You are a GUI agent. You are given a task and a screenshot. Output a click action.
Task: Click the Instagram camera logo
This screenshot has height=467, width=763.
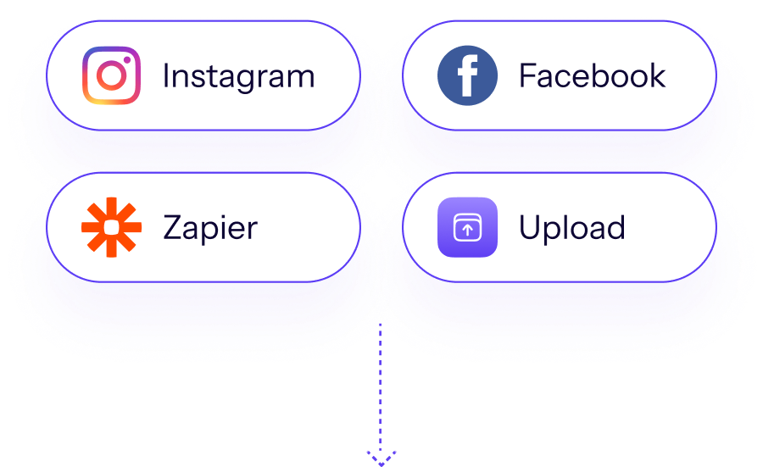click(x=111, y=75)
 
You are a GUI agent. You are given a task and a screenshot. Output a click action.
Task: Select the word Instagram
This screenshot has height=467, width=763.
click(x=238, y=76)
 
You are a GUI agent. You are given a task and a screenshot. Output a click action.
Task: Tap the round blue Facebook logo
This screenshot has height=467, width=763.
click(x=467, y=75)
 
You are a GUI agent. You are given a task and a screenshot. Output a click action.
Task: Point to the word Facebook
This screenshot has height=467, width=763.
click(x=592, y=75)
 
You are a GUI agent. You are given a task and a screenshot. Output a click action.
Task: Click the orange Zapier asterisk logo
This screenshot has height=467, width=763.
click(x=111, y=227)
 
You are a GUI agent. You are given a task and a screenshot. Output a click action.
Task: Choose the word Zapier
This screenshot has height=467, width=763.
click(x=210, y=228)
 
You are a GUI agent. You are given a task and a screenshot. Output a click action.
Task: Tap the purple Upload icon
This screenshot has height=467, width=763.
click(x=467, y=227)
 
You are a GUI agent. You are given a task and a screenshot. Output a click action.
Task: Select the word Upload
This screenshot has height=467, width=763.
click(x=571, y=228)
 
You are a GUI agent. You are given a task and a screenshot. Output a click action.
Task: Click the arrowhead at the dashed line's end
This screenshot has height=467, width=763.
click(x=381, y=459)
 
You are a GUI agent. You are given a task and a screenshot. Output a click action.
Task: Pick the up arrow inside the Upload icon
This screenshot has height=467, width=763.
click(x=467, y=229)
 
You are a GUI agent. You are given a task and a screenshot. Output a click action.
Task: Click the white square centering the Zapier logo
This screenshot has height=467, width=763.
click(x=111, y=227)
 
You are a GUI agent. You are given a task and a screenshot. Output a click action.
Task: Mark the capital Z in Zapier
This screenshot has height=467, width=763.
click(x=172, y=228)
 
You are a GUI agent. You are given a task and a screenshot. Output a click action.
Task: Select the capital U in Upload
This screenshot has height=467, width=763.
click(x=530, y=228)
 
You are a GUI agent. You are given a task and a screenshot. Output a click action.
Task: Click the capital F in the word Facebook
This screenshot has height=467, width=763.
click(x=527, y=75)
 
